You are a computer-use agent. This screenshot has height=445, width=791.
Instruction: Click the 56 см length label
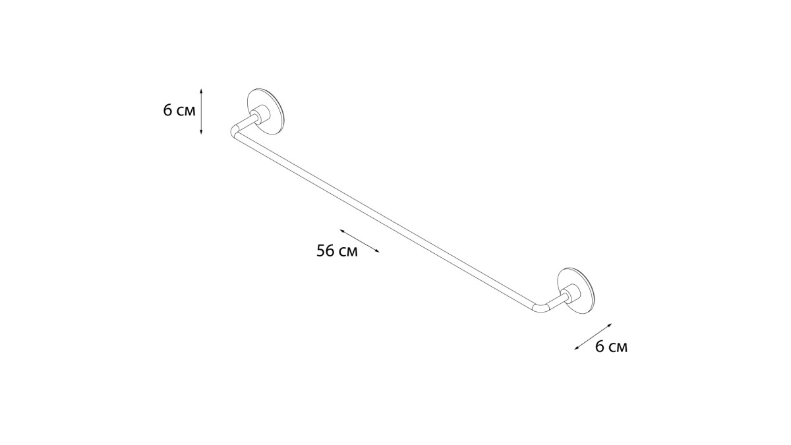[x=337, y=251]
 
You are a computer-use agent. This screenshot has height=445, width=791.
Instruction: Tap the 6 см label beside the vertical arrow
[x=179, y=110]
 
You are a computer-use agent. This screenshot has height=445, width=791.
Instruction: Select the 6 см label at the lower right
[x=611, y=347]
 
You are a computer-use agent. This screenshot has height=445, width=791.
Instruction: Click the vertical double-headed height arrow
[x=201, y=111]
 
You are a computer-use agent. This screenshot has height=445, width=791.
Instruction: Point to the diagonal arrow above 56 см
[x=360, y=241]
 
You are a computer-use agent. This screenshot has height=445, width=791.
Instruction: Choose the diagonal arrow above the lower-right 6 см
[x=593, y=336]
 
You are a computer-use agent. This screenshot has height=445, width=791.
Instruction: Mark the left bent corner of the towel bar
[x=234, y=130]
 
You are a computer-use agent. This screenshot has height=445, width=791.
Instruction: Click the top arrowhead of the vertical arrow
[x=201, y=90]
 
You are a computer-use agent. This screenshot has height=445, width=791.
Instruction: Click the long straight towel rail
[x=386, y=218]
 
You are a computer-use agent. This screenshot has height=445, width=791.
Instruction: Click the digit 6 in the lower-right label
[x=600, y=347]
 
